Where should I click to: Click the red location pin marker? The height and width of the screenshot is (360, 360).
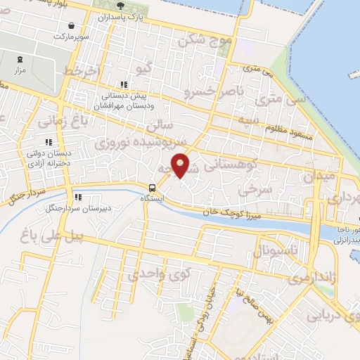click(x=181, y=165)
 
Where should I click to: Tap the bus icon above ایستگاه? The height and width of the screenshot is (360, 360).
click(x=152, y=187)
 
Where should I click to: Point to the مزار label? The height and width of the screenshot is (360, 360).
click(x=19, y=72)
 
